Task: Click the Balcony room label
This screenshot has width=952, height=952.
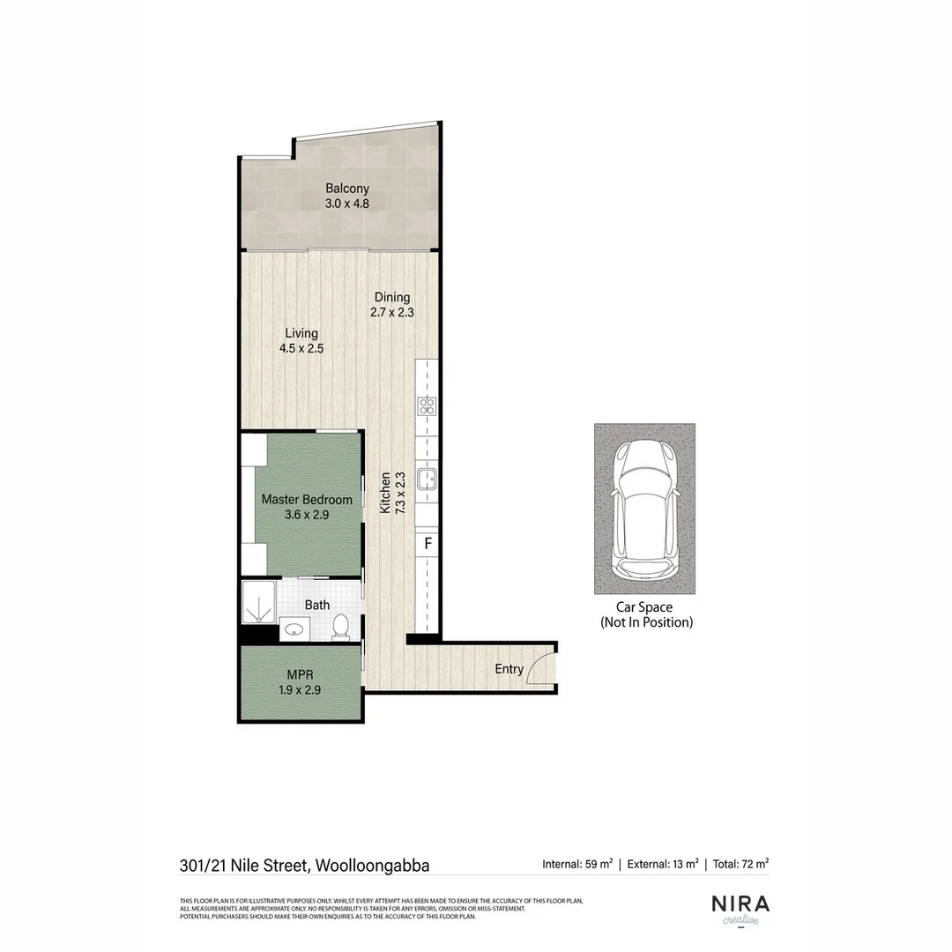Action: (x=346, y=189)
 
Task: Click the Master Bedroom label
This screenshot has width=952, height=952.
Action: (x=307, y=500)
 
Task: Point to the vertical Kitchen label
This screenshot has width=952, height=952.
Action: (x=385, y=494)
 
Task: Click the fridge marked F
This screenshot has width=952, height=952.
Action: (x=428, y=543)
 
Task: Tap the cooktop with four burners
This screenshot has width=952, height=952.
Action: (x=428, y=406)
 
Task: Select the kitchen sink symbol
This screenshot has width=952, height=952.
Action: (x=428, y=479)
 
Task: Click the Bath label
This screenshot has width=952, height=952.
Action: (x=317, y=605)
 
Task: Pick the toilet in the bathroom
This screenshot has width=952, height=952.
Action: (x=341, y=627)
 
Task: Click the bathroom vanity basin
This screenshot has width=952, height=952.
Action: (x=294, y=630)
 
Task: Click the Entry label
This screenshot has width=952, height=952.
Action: (x=509, y=669)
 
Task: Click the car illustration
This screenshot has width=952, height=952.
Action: (x=643, y=509)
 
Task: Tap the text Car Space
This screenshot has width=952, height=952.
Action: (x=643, y=607)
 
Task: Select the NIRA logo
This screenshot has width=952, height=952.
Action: (x=740, y=904)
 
